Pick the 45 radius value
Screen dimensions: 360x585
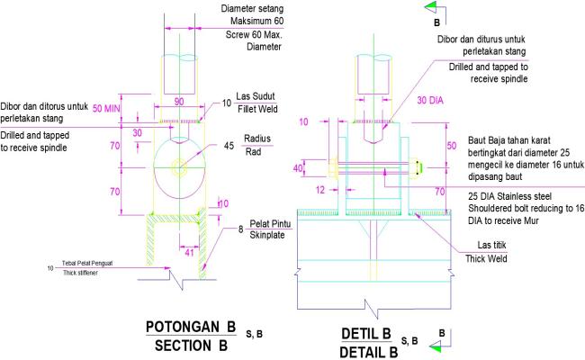[x=229, y=146]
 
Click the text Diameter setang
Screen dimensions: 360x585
[x=258, y=8]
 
